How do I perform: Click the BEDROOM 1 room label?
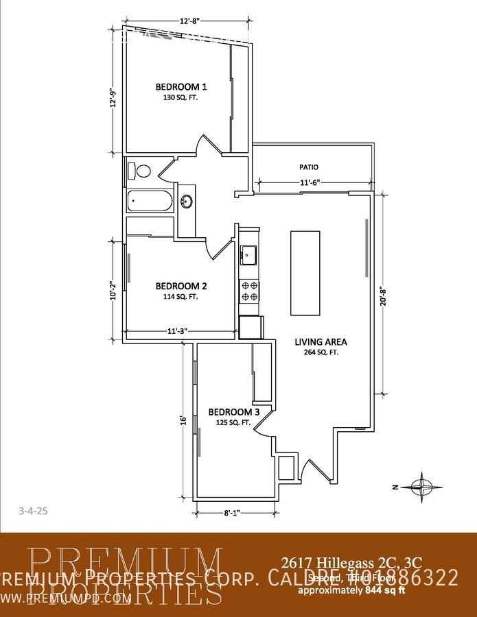[x=181, y=87]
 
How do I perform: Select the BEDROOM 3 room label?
[x=233, y=412]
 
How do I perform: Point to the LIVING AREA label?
[x=321, y=341]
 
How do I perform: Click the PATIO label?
[x=309, y=167]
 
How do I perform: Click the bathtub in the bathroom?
[x=150, y=202]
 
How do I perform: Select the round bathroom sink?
[x=186, y=202]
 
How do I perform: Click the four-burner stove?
[x=249, y=291]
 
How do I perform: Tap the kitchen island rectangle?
[x=305, y=273]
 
